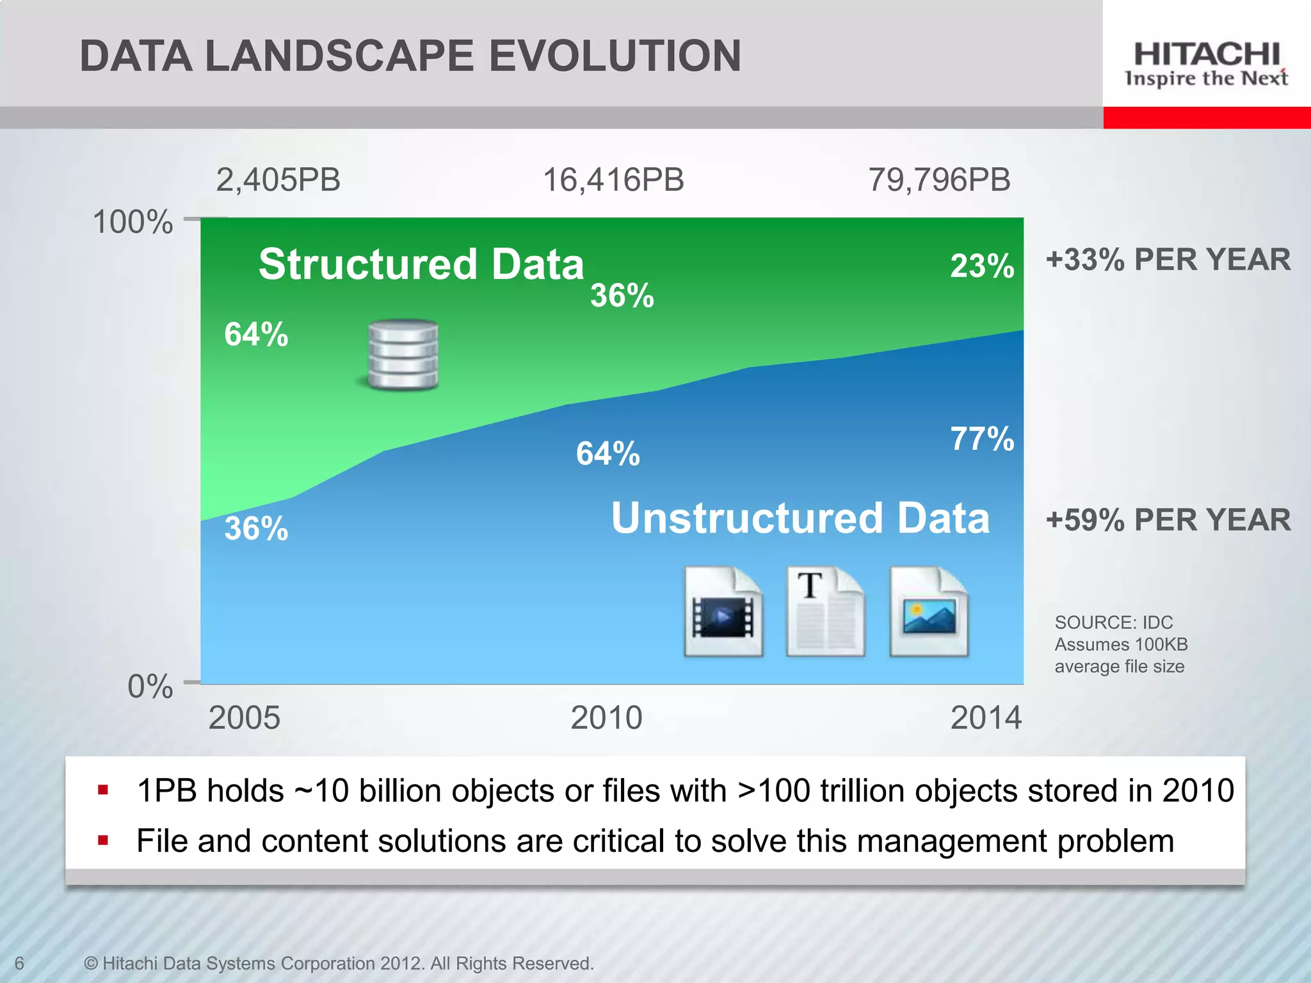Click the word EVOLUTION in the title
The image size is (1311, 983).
(x=615, y=56)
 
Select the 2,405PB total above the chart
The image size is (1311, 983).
(x=278, y=180)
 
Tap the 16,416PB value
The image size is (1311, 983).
(x=613, y=180)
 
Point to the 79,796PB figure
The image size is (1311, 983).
(x=939, y=180)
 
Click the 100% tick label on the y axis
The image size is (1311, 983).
(x=133, y=223)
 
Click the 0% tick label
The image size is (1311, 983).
(x=150, y=687)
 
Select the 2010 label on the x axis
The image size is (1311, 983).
(x=606, y=718)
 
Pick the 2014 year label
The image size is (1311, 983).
(x=986, y=718)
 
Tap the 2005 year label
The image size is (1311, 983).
(x=244, y=718)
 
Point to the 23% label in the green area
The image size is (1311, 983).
(x=982, y=266)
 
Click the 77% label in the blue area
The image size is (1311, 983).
(x=982, y=439)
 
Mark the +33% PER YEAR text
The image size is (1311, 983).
(x=1168, y=260)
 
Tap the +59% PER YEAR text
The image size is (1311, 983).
(x=1168, y=520)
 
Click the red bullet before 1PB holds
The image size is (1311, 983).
(x=103, y=790)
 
